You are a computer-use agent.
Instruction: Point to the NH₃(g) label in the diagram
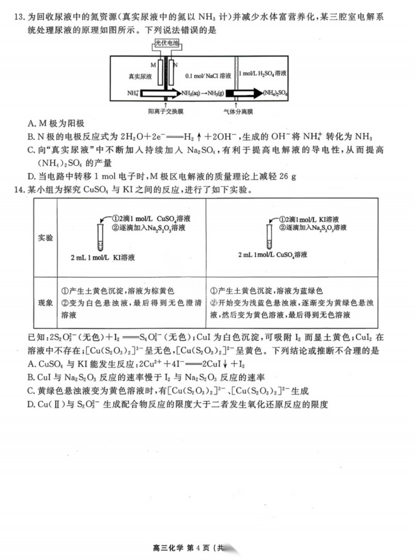[214, 94]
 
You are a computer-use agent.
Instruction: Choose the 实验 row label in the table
[45, 239]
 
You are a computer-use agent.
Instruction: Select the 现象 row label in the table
[45, 303]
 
